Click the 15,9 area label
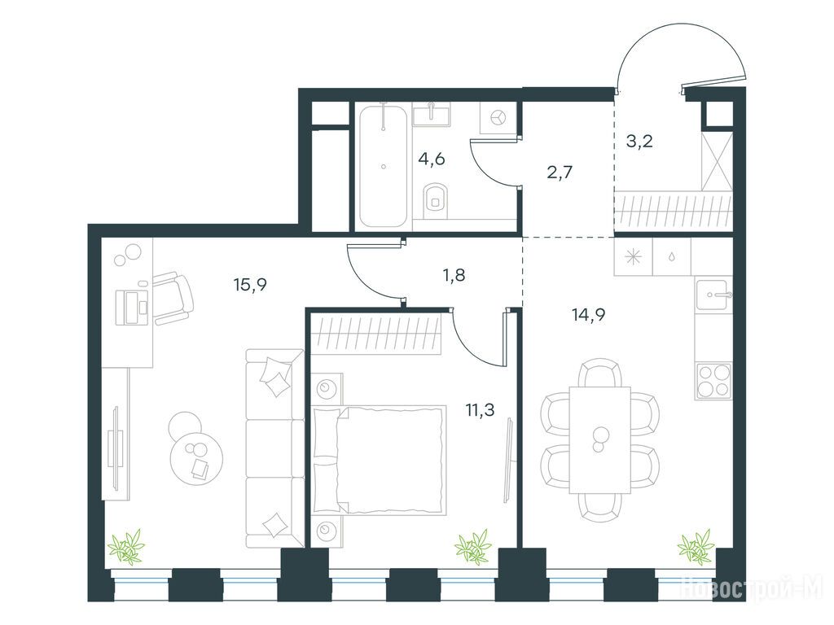(250, 286)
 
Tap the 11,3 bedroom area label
(481, 410)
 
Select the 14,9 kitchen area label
(588, 315)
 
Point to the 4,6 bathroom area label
(432, 159)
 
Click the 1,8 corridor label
(454, 275)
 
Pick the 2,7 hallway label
(560, 173)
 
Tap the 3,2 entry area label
(639, 142)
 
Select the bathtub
(384, 167)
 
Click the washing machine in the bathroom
(498, 117)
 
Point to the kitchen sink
(713, 294)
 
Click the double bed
(380, 461)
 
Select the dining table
(600, 440)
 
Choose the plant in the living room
(126, 546)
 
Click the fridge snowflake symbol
(633, 256)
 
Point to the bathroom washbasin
(432, 114)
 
